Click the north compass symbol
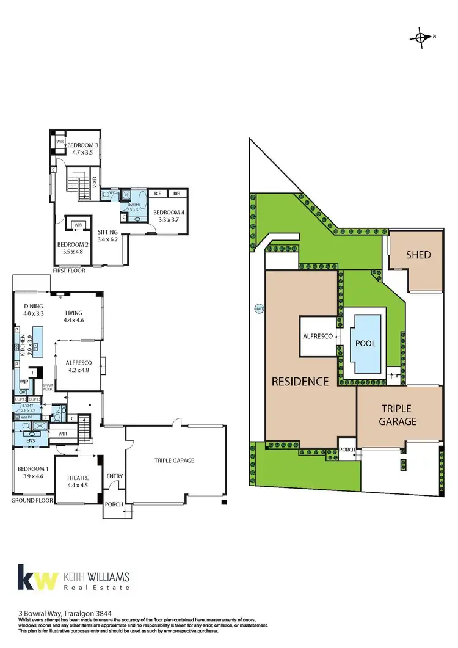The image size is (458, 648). (421, 37)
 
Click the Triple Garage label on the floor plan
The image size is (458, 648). (174, 461)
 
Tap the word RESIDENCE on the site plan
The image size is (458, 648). (299, 382)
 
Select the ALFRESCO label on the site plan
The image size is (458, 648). (317, 337)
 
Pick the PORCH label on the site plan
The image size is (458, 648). (347, 451)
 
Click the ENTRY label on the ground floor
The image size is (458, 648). (114, 476)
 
